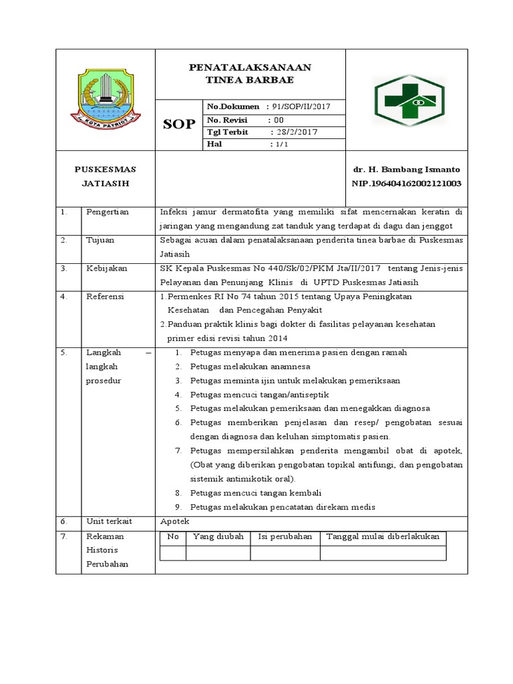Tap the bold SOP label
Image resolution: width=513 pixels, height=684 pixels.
pos(179,125)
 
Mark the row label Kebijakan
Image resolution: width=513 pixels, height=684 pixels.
pos(105,268)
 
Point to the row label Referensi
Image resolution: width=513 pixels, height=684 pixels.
pos(106,296)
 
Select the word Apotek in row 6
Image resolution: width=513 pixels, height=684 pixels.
pos(176,521)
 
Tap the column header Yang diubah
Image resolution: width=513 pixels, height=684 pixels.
pos(218,536)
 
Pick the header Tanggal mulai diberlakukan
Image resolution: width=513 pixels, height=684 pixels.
pos(382,536)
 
